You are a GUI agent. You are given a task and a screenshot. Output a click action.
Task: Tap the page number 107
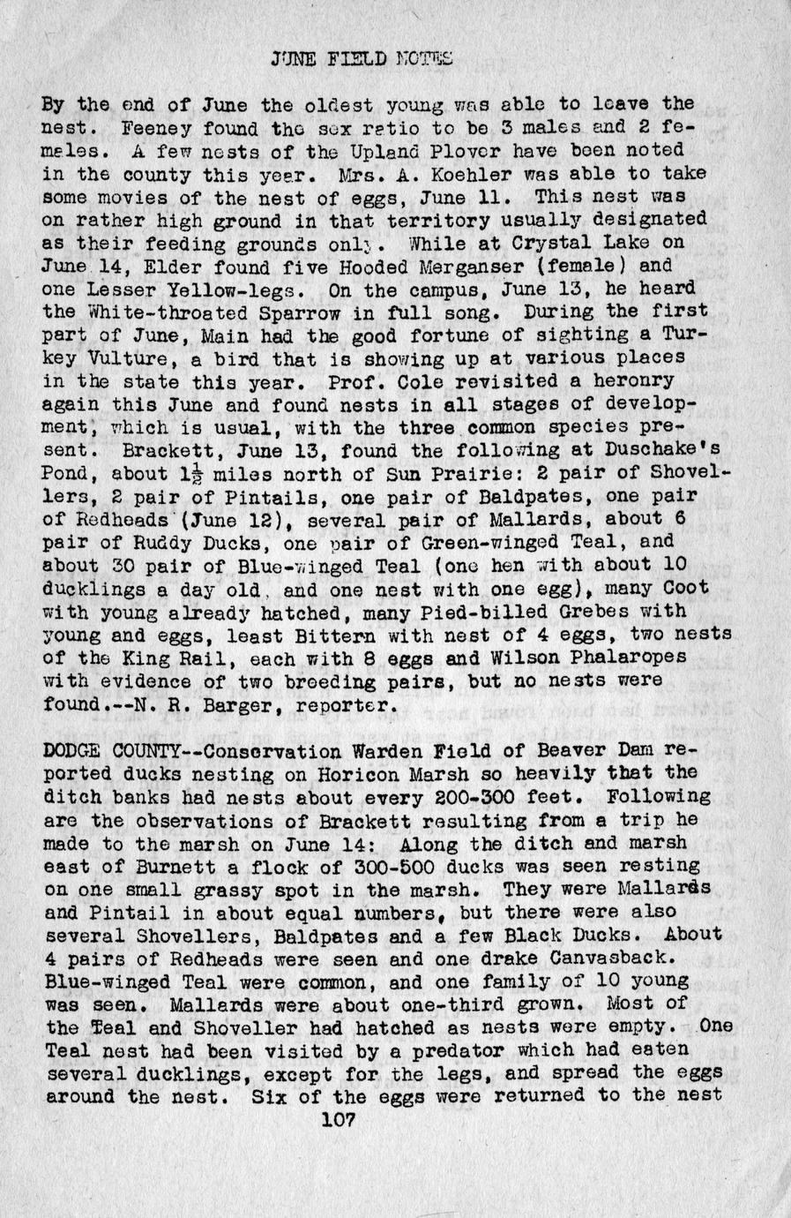[339, 1120]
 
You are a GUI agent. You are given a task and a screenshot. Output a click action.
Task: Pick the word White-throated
[158, 312]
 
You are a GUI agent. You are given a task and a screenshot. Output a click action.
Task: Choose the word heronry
[637, 381]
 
